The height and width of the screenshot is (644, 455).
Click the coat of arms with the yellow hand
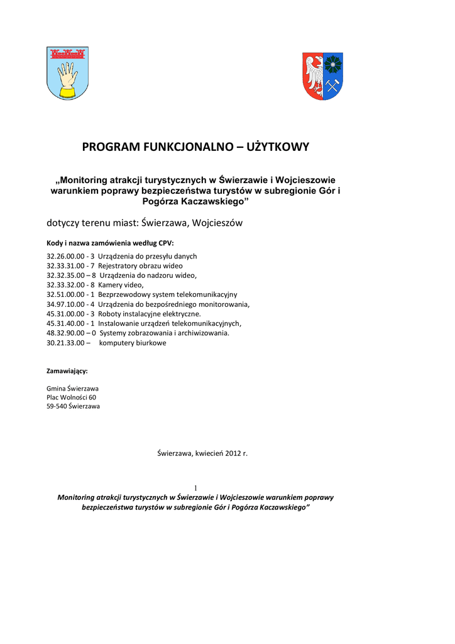tap(67, 73)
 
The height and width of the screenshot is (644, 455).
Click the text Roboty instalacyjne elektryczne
tap(150, 313)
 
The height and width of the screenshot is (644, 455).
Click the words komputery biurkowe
tap(133, 343)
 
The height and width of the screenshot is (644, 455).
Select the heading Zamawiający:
tap(67, 370)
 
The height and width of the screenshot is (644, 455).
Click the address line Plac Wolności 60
tap(72, 397)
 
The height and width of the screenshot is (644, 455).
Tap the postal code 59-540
tap(56, 406)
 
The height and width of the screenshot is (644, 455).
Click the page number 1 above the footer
tap(195, 487)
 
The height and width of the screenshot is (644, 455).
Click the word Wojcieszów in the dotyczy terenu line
tap(217, 223)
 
